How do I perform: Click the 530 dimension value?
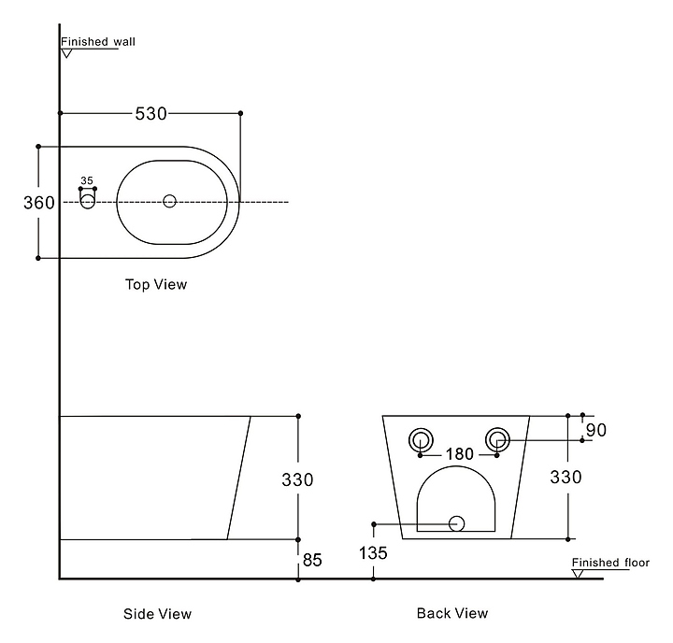(x=150, y=114)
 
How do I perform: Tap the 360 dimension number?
(x=39, y=203)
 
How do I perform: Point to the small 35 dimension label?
(x=87, y=180)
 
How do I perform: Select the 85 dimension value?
(x=312, y=560)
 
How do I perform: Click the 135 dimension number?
(x=373, y=553)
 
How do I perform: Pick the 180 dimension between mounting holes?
(x=460, y=453)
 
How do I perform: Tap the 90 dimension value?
(x=596, y=430)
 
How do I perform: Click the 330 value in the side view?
(x=297, y=479)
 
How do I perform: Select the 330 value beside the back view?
(x=566, y=477)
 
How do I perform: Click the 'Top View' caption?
(x=156, y=284)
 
